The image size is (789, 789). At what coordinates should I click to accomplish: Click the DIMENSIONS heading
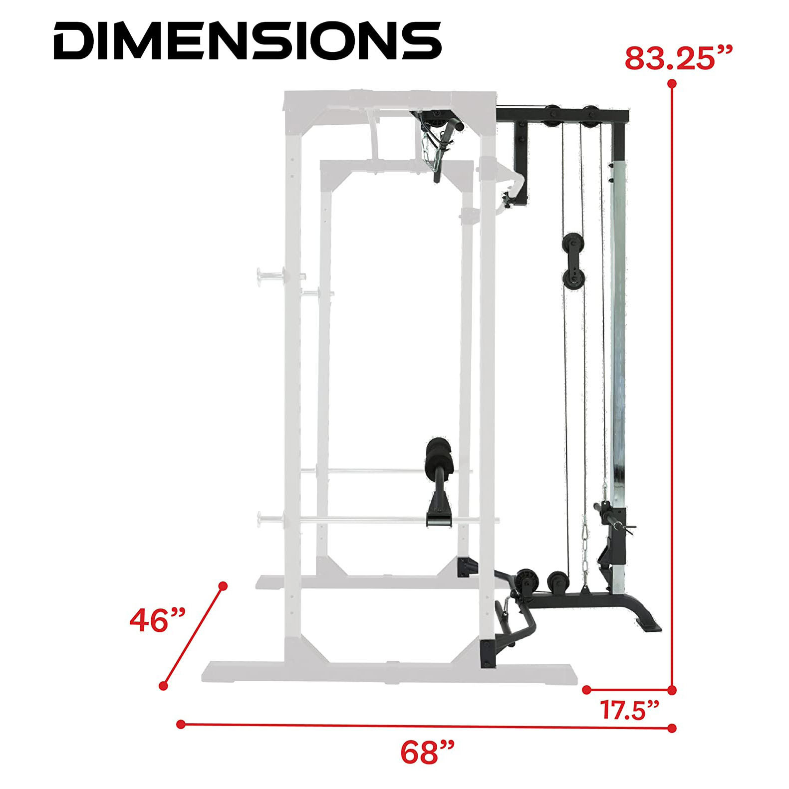tap(247, 40)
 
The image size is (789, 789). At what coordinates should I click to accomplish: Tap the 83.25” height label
tap(679, 59)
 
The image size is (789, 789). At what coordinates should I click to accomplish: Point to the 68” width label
tap(428, 753)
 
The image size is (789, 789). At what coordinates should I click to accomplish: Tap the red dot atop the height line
tap(672, 83)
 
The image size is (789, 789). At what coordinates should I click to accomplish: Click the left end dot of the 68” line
tap(181, 724)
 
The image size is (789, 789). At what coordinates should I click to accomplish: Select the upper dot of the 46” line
tap(223, 585)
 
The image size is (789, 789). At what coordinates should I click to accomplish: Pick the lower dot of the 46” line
tap(163, 686)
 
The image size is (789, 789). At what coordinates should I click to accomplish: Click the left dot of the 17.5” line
tap(587, 690)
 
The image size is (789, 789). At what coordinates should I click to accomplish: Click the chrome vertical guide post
tap(618, 319)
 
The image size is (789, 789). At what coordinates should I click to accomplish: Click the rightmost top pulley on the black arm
tap(591, 114)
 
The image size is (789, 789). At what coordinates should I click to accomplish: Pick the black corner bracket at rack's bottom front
tap(487, 653)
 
